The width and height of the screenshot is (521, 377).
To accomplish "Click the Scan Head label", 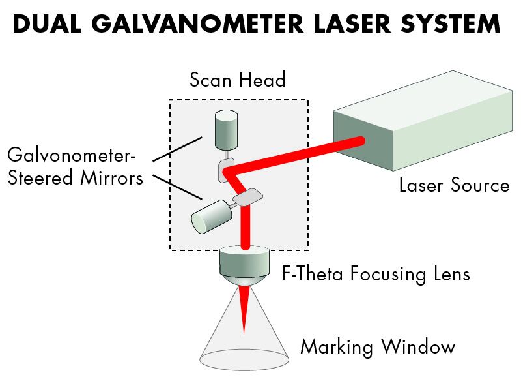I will coord(237,80).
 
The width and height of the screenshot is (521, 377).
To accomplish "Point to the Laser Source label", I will coord(454,186).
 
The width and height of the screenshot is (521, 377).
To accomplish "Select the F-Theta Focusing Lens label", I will coord(374,273).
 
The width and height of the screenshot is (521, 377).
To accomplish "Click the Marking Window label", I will coord(377,347).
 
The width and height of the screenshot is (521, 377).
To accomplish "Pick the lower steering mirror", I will coord(247,196).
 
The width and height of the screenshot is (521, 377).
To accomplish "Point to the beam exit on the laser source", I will coord(358,141).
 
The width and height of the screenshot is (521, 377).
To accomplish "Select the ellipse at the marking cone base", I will coord(244,359).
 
